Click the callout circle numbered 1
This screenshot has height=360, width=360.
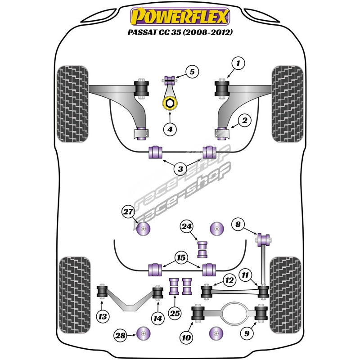[238, 64]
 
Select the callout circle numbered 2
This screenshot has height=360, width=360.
[245, 120]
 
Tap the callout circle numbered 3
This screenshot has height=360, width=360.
[180, 169]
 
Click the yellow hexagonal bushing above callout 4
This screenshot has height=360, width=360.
[170, 104]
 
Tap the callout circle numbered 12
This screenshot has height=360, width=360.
[229, 280]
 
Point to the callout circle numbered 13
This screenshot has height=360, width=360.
[103, 317]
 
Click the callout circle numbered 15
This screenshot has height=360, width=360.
[181, 258]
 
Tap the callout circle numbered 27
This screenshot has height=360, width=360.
[128, 211]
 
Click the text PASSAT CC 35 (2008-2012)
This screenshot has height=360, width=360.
[180, 34]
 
